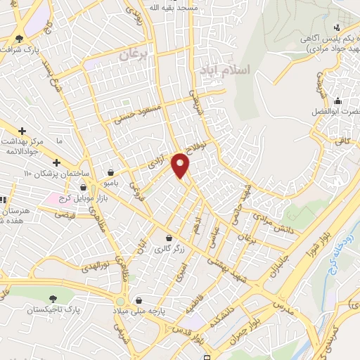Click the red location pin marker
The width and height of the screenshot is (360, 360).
click(x=181, y=165)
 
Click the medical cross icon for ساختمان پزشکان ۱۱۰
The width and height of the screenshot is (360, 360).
click(x=56, y=163)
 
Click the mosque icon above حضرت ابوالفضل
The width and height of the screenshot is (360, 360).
click(x=338, y=101)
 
